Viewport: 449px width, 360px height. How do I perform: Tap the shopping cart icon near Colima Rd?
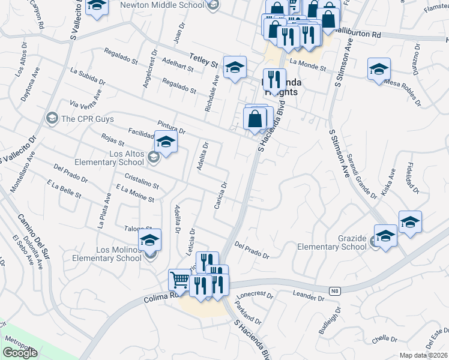pos(179,279)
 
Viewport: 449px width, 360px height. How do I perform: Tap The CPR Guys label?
pos(84,119)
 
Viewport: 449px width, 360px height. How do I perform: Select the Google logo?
pos(20,353)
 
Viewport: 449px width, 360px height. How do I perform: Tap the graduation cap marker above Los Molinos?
pos(149,240)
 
